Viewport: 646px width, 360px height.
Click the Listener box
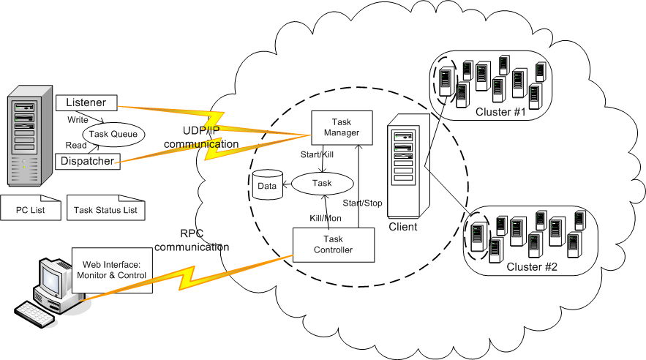[x=86, y=102]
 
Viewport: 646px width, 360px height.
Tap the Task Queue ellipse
[x=113, y=133]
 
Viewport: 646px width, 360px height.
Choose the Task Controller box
[x=333, y=244]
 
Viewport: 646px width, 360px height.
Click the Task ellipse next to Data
[x=322, y=183]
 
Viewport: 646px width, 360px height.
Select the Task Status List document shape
[x=105, y=211]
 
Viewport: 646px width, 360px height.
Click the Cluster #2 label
[x=532, y=267]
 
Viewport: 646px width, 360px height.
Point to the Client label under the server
[x=403, y=227]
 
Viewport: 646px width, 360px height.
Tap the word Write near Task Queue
[x=78, y=119]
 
